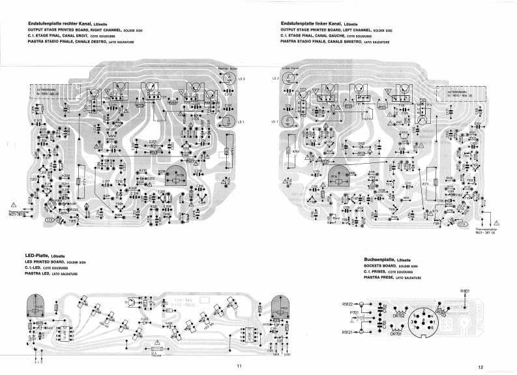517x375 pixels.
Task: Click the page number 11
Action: point(239,366)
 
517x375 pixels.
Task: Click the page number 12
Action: point(479,366)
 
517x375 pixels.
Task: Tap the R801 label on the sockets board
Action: point(465,291)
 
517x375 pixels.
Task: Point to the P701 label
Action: point(354,312)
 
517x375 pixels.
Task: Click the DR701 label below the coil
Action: point(397,335)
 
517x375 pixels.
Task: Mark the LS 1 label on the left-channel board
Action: point(274,121)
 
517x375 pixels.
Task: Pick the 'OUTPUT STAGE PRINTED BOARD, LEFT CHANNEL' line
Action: point(336,30)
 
